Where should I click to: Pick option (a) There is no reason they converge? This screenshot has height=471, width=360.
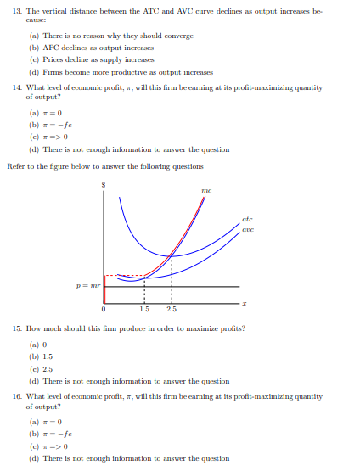point(110,36)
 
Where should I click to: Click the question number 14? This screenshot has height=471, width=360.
point(13,89)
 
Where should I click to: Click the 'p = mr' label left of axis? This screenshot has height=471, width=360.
point(88,288)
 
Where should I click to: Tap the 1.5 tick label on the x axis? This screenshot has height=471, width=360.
point(143,309)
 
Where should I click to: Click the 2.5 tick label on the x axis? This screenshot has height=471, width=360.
point(172,309)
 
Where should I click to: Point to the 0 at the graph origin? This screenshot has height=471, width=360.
point(104,309)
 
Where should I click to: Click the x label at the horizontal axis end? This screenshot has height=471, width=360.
point(245,302)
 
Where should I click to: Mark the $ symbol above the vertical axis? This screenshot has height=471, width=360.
point(104,181)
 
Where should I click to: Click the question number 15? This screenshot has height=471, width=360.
point(13,326)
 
